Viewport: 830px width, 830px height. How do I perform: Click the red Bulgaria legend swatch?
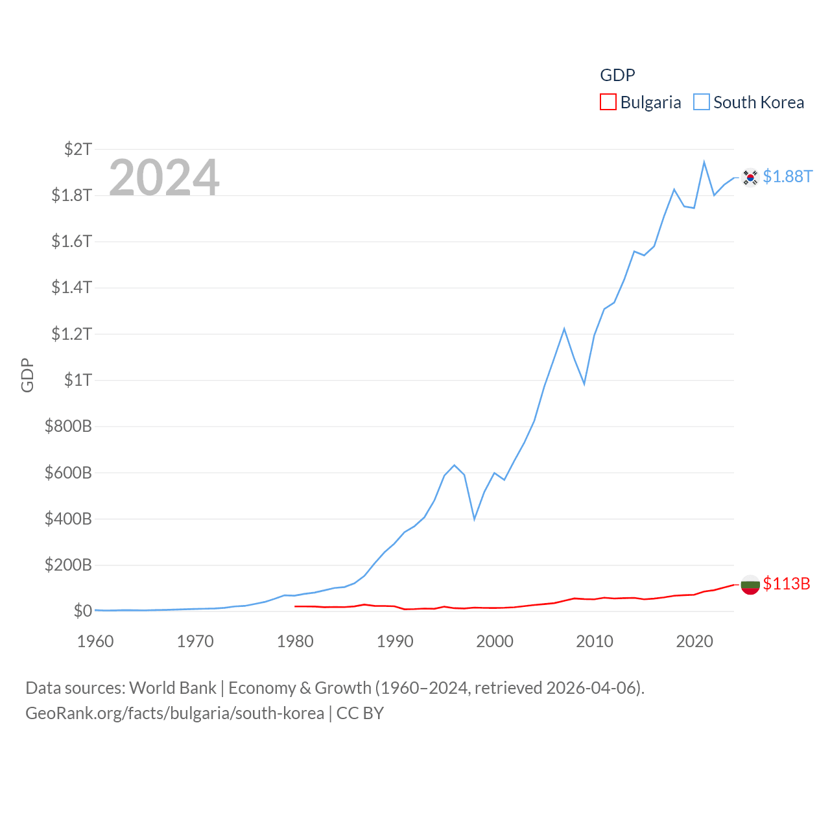tap(608, 102)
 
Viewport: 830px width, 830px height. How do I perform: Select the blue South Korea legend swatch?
tap(701, 102)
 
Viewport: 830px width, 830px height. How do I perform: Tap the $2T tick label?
tap(78, 149)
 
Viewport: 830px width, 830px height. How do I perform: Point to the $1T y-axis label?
tap(78, 380)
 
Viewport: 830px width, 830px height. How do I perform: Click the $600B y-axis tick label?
tap(68, 473)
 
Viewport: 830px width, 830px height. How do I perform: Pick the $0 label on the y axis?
tap(82, 611)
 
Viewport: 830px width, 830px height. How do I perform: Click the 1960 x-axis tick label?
tap(95, 641)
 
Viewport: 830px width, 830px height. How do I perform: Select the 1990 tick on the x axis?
tap(395, 641)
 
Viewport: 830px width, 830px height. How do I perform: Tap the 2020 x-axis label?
tap(694, 641)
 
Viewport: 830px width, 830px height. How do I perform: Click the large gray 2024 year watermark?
tap(164, 177)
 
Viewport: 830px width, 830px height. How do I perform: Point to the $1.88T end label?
tap(787, 176)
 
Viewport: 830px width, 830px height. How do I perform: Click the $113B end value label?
tap(786, 584)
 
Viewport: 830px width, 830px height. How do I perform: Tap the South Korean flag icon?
tap(750, 177)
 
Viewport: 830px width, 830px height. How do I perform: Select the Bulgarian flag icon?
tap(750, 584)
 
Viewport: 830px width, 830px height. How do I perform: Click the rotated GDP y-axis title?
tap(27, 375)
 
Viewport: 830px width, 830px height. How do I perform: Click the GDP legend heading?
tap(617, 75)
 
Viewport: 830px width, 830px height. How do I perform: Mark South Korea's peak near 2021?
tap(704, 162)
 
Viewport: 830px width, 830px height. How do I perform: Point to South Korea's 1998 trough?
tap(475, 519)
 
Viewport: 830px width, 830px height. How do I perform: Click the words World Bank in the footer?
tap(172, 688)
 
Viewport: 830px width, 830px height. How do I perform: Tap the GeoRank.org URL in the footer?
tap(174, 713)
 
